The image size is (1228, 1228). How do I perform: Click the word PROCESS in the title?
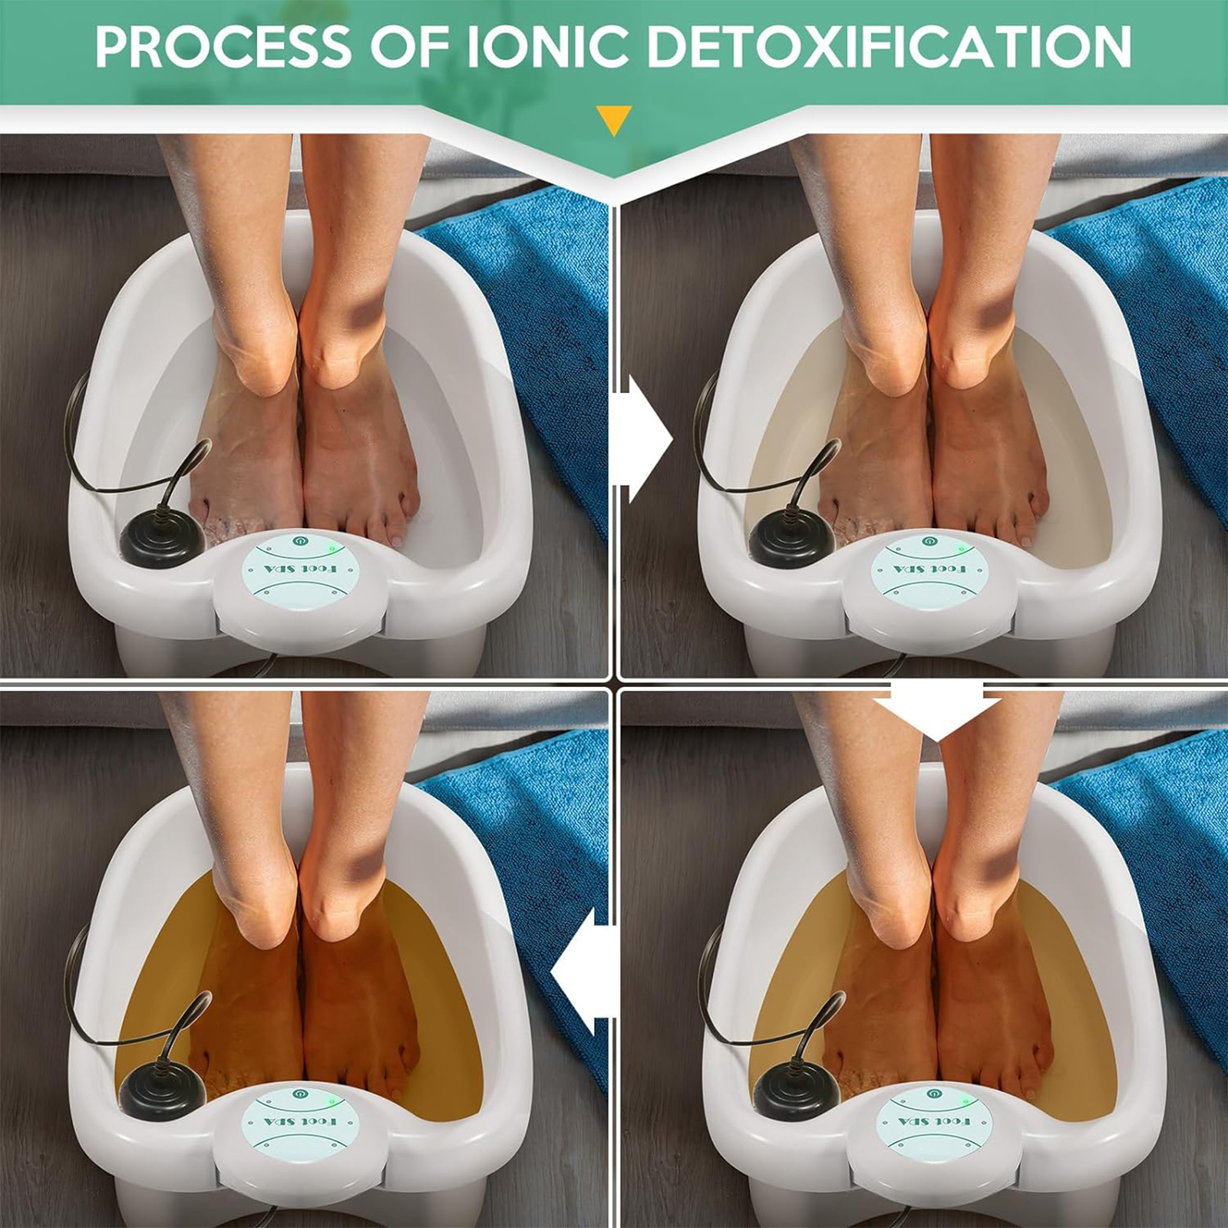[223, 48]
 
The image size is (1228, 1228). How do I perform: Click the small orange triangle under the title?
[613, 119]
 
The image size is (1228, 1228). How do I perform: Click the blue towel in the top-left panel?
[530, 307]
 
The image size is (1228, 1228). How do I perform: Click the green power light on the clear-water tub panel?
[332, 547]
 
